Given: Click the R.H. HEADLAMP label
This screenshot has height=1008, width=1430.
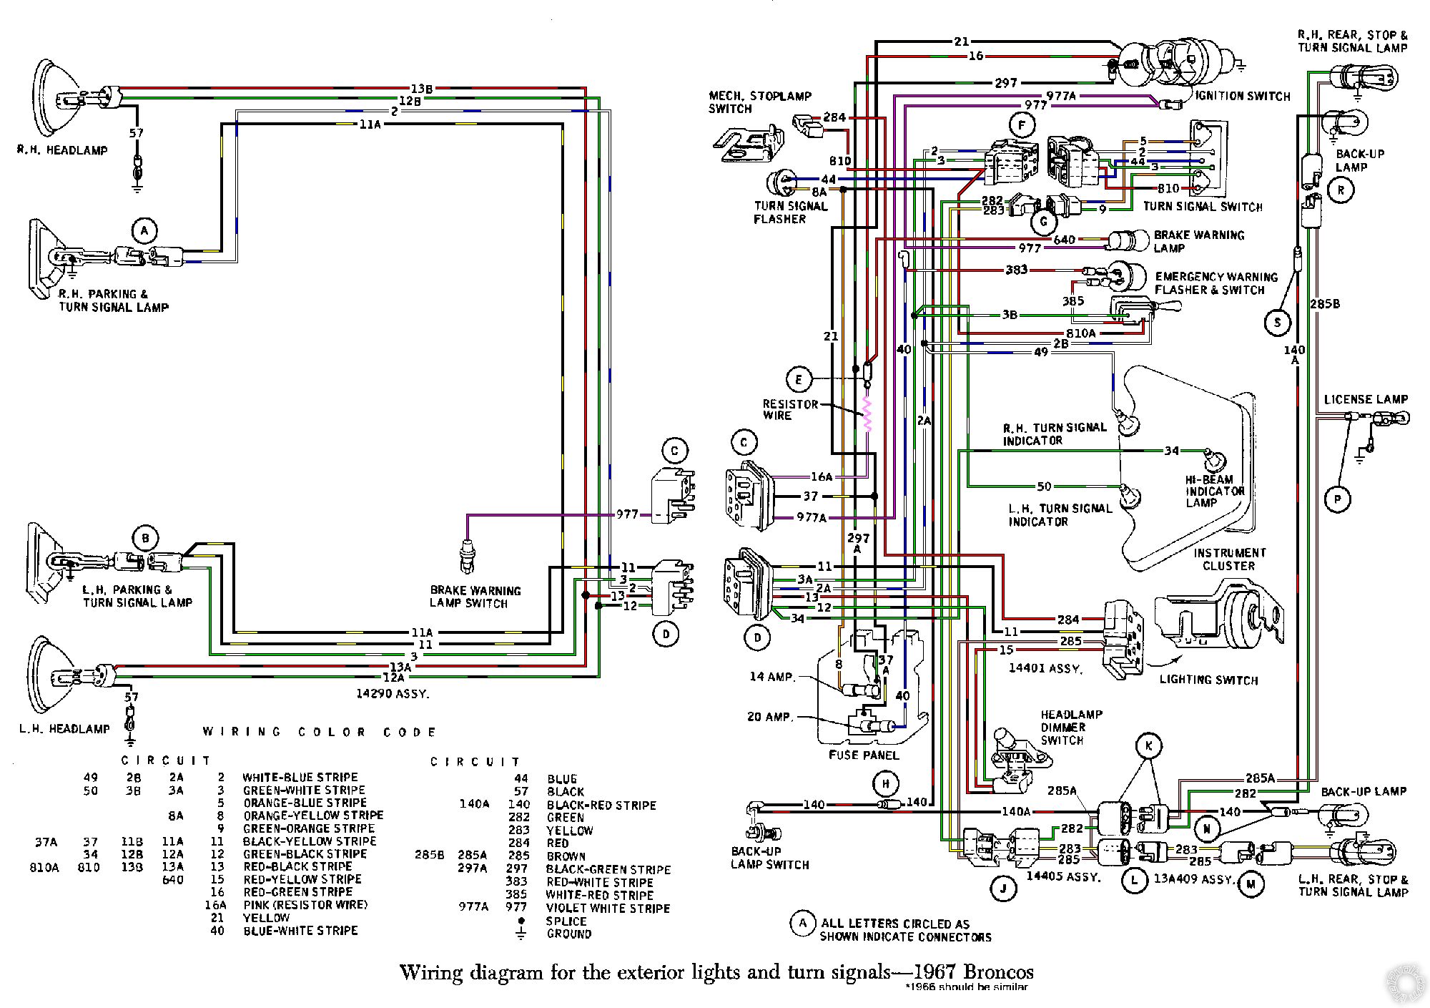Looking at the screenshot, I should click(63, 150).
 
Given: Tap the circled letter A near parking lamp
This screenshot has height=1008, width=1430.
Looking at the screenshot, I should click(144, 230).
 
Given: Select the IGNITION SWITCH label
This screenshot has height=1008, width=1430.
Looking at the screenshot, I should click(1243, 96).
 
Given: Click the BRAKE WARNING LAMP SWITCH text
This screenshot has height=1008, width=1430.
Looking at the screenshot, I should click(475, 597).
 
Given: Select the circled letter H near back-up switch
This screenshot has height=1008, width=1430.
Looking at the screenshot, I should click(885, 784).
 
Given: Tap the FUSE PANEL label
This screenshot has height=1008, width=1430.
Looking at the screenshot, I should click(864, 755).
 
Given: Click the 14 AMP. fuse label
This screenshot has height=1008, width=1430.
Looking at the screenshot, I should click(772, 677).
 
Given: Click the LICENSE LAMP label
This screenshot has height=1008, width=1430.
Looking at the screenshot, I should click(1366, 399).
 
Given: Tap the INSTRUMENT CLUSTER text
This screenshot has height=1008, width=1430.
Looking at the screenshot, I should click(1228, 559).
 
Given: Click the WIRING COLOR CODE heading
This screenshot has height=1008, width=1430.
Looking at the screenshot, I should click(320, 732).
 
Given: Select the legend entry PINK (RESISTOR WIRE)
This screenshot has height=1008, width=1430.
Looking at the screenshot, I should click(305, 905).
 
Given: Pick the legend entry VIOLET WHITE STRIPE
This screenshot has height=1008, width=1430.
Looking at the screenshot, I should click(608, 909).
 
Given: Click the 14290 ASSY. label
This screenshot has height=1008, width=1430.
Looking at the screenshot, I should click(393, 693).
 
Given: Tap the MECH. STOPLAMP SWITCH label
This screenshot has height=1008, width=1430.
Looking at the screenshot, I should click(759, 102).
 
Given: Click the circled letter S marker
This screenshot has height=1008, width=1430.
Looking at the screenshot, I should click(1277, 323).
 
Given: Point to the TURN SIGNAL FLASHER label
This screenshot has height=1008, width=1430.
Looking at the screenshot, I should click(790, 212).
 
